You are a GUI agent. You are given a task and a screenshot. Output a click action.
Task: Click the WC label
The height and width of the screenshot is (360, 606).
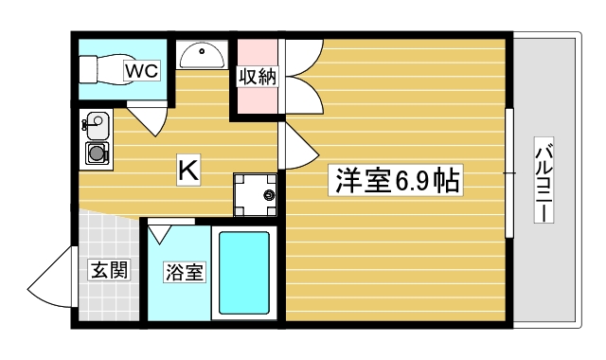tap(144, 69)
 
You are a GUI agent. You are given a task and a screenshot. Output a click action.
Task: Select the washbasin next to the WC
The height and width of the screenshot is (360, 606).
tap(200, 56)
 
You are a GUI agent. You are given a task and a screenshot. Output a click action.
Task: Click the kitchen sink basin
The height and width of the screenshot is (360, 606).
tap(95, 123)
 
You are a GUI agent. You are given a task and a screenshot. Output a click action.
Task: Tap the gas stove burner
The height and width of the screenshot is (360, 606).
tap(96, 153)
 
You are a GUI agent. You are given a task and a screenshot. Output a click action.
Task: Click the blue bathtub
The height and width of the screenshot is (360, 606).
tap(244, 272)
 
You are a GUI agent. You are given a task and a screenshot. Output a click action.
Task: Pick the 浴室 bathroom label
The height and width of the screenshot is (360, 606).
tap(183, 272)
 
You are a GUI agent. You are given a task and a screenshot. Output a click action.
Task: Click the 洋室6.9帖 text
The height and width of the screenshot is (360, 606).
tap(394, 180)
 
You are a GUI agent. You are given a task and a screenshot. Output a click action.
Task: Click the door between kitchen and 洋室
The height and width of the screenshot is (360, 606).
tap(295, 145)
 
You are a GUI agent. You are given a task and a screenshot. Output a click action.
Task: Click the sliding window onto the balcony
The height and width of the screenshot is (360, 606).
tap(508, 173)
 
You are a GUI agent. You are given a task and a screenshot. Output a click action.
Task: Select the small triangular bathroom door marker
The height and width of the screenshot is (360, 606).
tap(158, 229)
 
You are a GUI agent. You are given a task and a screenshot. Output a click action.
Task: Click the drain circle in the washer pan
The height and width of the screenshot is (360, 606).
tap(269, 196)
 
